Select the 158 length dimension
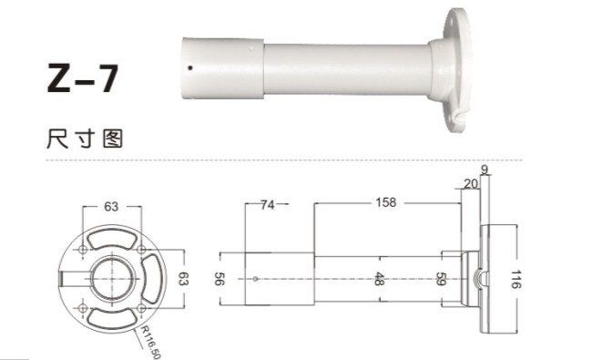(x=385, y=203)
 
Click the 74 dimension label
(x=267, y=204)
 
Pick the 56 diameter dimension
(x=219, y=278)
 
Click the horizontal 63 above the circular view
(x=111, y=206)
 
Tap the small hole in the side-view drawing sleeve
(x=257, y=278)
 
